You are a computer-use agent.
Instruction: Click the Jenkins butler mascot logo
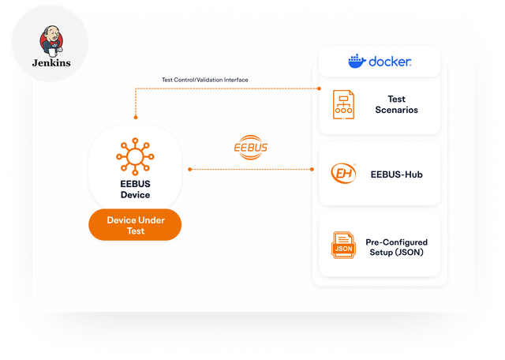pyautogui.click(x=51, y=41)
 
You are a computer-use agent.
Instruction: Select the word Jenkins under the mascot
pyautogui.click(x=51, y=62)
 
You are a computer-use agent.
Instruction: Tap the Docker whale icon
pyautogui.click(x=357, y=61)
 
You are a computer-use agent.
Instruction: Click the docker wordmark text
pyautogui.click(x=390, y=62)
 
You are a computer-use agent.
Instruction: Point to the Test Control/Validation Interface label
pyautogui.click(x=205, y=80)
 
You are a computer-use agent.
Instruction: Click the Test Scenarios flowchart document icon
pyautogui.click(x=343, y=104)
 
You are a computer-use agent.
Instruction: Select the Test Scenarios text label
pyautogui.click(x=396, y=104)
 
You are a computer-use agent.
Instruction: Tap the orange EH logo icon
pyautogui.click(x=343, y=174)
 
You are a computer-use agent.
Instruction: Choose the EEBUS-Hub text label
pyautogui.click(x=396, y=174)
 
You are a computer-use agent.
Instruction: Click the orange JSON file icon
pyautogui.click(x=343, y=245)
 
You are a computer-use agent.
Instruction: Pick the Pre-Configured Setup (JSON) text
pyautogui.click(x=396, y=247)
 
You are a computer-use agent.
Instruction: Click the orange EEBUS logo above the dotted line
pyautogui.click(x=251, y=148)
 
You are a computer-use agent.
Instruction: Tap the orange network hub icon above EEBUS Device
pyautogui.click(x=135, y=156)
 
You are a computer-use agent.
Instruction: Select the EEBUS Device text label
pyautogui.click(x=135, y=189)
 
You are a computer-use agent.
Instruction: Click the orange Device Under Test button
pyautogui.click(x=135, y=225)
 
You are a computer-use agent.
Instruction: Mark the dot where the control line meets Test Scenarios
pyautogui.click(x=319, y=88)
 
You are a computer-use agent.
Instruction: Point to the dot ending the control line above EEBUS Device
pyautogui.click(x=136, y=118)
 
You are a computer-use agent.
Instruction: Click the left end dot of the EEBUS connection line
pyautogui.click(x=190, y=169)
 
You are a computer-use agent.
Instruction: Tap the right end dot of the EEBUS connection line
pyautogui.click(x=312, y=169)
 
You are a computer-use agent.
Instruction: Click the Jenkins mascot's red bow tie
pyautogui.click(x=54, y=43)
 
